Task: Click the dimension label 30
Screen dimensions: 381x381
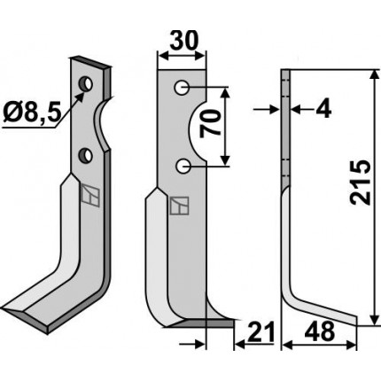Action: (183, 41)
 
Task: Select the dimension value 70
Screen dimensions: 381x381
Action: (211, 125)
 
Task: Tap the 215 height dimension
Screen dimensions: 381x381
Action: (360, 183)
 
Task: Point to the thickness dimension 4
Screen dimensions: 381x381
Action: (323, 110)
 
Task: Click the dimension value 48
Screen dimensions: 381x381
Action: (320, 331)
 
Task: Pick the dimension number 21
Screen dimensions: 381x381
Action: (260, 332)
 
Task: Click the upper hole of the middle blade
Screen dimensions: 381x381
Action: (182, 88)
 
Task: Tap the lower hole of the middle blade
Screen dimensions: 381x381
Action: (182, 167)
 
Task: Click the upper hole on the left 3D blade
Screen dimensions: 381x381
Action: (86, 83)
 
